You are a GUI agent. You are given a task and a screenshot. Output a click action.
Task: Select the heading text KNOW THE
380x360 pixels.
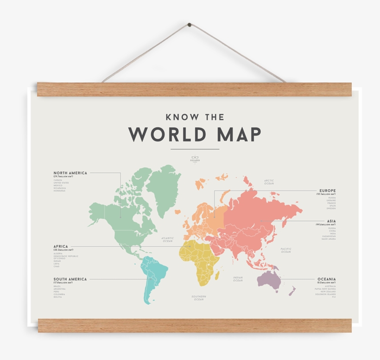coord(195,117)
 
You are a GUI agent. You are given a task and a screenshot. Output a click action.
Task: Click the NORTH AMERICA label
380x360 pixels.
coord(70,173)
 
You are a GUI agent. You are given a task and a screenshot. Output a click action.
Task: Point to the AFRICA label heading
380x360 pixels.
coord(61,247)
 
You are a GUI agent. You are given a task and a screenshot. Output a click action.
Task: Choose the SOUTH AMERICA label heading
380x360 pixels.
coord(70,279)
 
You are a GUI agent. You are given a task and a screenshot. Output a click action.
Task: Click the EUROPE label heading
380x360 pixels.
coord(328,191)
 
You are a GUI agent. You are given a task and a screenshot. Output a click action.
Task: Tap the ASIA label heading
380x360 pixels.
coord(331,221)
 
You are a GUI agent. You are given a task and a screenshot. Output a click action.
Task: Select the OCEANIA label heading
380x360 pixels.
coord(327,279)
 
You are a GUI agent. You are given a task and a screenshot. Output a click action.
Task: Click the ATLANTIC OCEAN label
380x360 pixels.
coord(168,240)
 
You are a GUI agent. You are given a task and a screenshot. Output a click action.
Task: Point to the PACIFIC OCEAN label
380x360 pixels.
coord(286,251)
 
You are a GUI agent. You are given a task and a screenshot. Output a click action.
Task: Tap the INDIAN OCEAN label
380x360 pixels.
coord(238,279)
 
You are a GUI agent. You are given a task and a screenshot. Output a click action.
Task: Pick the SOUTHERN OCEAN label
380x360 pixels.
coord(199,298)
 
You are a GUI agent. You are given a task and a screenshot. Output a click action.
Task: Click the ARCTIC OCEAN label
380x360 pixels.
coord(269,182)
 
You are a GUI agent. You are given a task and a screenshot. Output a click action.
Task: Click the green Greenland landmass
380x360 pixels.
coord(163,188)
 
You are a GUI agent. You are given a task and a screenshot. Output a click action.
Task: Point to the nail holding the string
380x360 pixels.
coord(190,25)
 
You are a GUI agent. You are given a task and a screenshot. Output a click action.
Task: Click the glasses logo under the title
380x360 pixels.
coord(195,158)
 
